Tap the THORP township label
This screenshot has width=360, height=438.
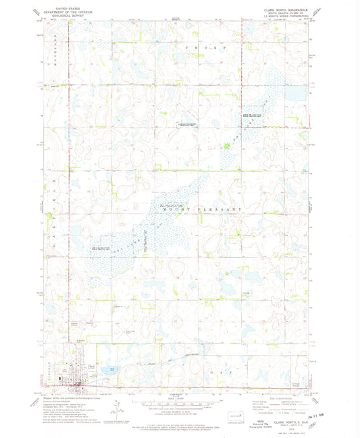[x=197, y=49]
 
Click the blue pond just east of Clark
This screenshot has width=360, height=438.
[x=108, y=370]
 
